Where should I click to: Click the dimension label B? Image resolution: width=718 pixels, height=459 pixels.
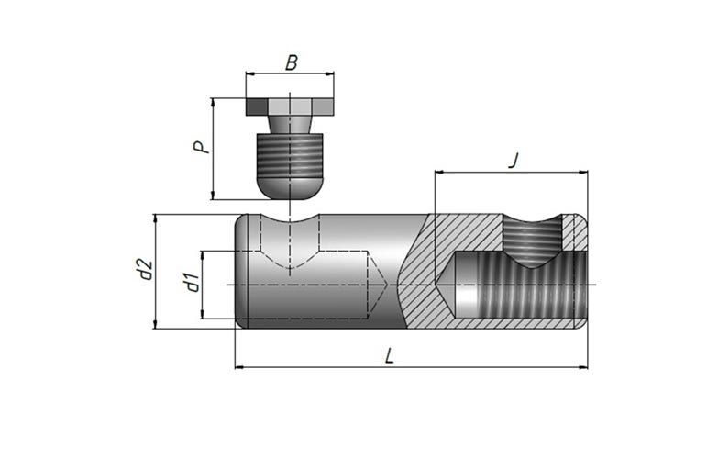(291, 62)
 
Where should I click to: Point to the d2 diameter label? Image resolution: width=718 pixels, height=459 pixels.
(142, 272)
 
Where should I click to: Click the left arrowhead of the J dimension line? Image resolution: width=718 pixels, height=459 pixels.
(439, 172)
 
